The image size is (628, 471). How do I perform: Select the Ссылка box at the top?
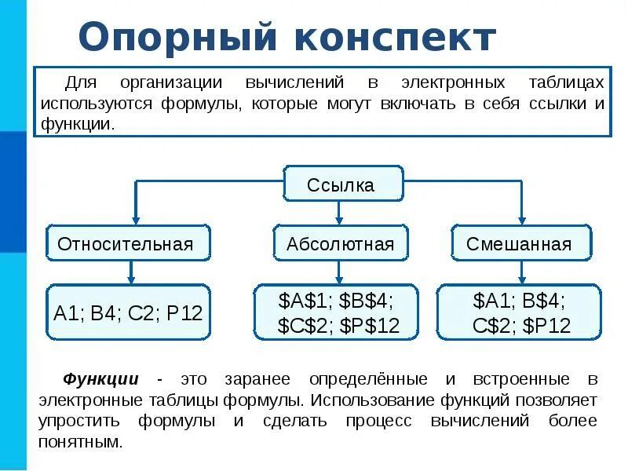(x=341, y=185)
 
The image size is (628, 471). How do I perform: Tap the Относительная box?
(x=126, y=243)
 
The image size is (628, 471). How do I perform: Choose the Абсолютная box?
(x=340, y=243)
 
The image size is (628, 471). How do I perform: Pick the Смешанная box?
(x=519, y=243)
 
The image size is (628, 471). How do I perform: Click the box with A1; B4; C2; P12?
(x=128, y=313)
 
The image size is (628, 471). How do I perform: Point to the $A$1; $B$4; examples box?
(x=338, y=312)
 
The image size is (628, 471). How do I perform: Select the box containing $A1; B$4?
(x=519, y=312)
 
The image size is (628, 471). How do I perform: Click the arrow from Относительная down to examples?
(x=132, y=272)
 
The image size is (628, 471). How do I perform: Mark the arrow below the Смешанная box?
(x=519, y=272)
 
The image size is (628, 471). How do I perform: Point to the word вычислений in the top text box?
(x=294, y=82)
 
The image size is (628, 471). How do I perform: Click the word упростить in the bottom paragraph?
(x=78, y=421)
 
